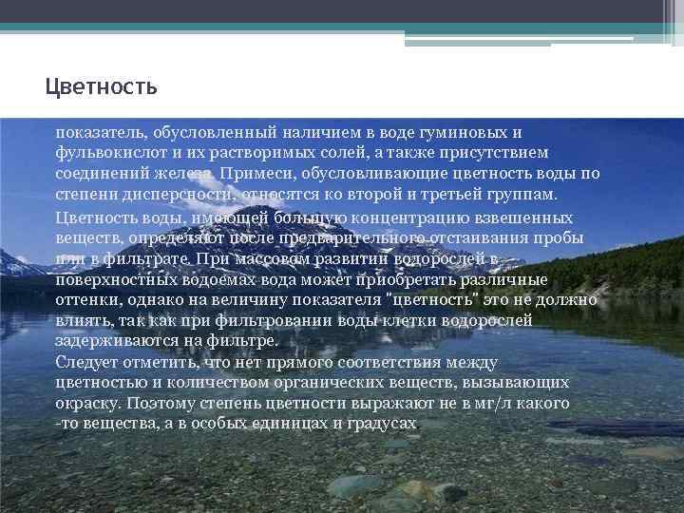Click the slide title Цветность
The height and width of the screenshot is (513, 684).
tap(101, 87)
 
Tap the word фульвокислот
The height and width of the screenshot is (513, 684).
tap(106, 152)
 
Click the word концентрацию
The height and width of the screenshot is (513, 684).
tap(385, 218)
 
